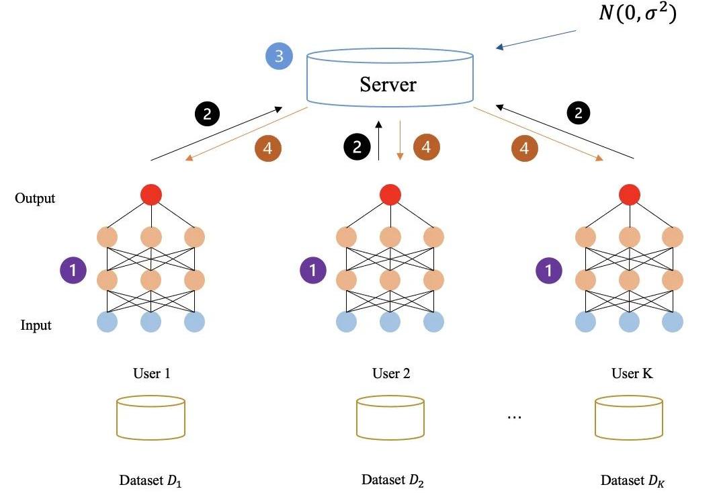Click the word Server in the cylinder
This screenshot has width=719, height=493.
(x=388, y=84)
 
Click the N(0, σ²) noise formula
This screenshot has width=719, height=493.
(x=638, y=14)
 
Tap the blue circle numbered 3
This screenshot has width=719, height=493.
(x=278, y=56)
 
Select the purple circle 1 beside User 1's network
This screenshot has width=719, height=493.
(x=73, y=271)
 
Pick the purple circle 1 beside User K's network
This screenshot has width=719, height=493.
(x=549, y=271)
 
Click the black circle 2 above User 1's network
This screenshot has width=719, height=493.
(x=207, y=114)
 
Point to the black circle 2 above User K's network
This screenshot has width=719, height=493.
(x=578, y=114)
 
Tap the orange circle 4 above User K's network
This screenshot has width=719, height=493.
(x=525, y=148)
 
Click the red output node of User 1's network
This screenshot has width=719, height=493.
(x=152, y=195)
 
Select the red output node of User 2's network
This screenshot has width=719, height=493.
(x=390, y=195)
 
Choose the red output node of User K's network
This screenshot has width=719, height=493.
(x=629, y=195)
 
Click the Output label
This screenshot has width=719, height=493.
(x=35, y=199)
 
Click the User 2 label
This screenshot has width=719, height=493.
(x=390, y=373)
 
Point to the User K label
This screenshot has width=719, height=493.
(x=632, y=373)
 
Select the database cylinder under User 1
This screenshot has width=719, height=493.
(x=151, y=417)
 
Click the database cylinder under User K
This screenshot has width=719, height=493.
(x=630, y=417)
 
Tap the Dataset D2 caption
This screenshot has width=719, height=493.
(x=392, y=480)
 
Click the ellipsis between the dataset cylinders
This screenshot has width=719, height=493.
(x=514, y=417)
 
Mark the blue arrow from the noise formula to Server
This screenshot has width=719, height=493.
(x=538, y=39)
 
